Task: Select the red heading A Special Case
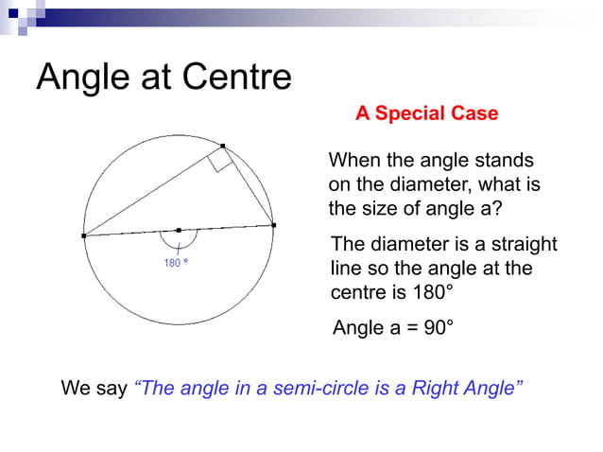coord(426,113)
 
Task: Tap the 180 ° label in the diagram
coord(177,263)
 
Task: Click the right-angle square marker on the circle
coord(220,161)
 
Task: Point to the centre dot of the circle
coord(179,230)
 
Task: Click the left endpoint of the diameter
coord(84,235)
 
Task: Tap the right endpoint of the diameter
coord(273,225)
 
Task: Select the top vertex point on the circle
coord(223,146)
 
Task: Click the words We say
coord(95,389)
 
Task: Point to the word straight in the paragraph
coord(521,245)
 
